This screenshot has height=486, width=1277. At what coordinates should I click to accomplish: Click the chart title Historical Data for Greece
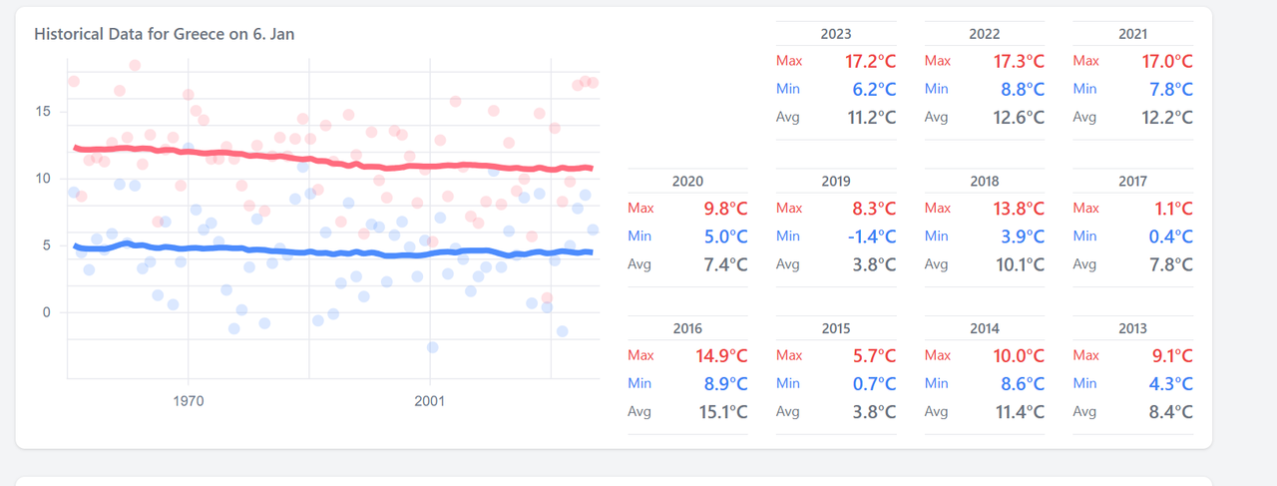164,34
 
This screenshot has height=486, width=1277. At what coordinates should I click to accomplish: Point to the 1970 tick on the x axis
189,401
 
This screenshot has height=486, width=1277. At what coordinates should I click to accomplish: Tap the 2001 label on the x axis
429,401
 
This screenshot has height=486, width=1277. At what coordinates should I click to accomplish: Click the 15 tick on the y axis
43,111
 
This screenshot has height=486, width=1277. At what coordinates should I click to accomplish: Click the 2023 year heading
836,34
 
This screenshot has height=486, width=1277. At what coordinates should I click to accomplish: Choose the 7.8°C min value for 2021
1168,89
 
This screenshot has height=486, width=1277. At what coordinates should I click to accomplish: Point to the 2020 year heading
687,182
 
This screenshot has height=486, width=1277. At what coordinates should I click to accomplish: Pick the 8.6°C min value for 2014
1020,383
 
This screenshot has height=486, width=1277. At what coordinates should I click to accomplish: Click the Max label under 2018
937,209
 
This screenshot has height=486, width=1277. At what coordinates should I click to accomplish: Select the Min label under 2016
639,383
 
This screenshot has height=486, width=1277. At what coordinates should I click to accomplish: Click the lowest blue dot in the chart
432,347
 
